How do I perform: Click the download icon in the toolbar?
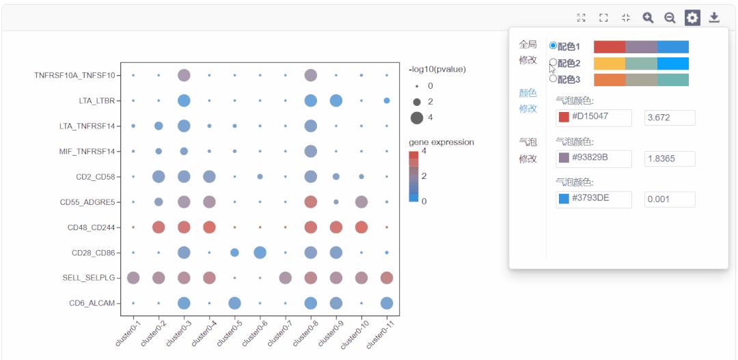(x=714, y=18)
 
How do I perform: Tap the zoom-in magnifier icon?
(x=648, y=18)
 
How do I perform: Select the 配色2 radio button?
(x=553, y=63)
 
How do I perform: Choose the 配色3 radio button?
(x=553, y=79)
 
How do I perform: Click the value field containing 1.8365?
(x=670, y=158)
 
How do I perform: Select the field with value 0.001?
(x=670, y=199)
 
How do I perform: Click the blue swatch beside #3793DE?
(x=564, y=199)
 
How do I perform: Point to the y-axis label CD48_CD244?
(x=92, y=227)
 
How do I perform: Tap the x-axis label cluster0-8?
(x=303, y=333)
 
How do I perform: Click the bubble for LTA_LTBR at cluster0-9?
(x=336, y=100)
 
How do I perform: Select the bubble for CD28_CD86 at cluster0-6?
(x=260, y=253)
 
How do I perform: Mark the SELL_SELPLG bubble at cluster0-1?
(x=133, y=277)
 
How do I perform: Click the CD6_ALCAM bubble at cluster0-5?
(x=234, y=303)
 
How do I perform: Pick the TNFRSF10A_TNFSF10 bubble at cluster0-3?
(x=184, y=75)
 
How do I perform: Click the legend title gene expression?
(x=441, y=142)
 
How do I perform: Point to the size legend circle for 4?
(x=417, y=117)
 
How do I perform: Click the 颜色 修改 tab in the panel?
(x=528, y=100)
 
